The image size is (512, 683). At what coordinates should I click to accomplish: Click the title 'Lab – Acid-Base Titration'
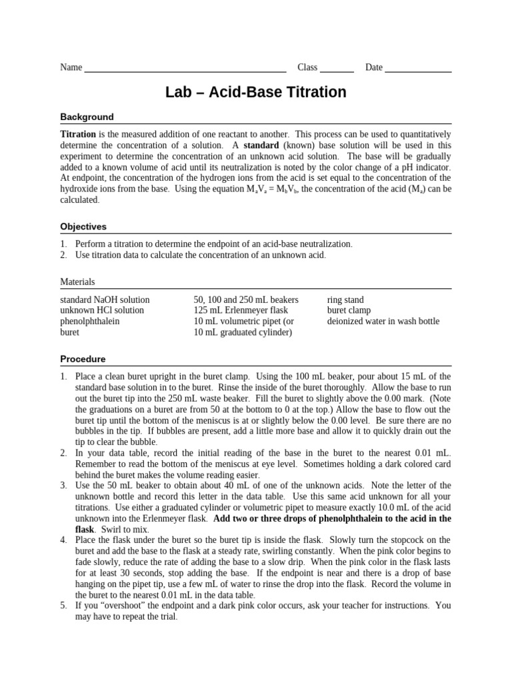(256, 92)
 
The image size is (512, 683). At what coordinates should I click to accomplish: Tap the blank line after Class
(337, 70)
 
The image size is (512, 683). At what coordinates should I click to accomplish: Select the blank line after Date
(418, 70)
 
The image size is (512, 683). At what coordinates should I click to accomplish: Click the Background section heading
(87, 117)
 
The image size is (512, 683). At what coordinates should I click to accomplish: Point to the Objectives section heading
(83, 227)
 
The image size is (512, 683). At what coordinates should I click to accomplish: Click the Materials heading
(77, 282)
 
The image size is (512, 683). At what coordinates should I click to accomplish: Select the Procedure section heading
(83, 359)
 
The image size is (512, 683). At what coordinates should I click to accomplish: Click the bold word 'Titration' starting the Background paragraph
(78, 134)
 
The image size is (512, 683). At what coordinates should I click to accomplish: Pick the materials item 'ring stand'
(345, 299)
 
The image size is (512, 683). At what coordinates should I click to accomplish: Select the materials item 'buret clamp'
(349, 310)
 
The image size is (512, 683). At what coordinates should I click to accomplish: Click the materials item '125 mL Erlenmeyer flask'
(239, 310)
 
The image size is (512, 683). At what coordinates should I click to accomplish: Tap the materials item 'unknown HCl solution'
(102, 310)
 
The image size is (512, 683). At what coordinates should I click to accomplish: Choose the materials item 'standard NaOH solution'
(105, 299)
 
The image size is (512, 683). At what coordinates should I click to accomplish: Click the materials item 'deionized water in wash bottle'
(383, 321)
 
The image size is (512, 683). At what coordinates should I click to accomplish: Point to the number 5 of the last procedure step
(63, 606)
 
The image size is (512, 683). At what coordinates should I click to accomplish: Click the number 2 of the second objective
(63, 255)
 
